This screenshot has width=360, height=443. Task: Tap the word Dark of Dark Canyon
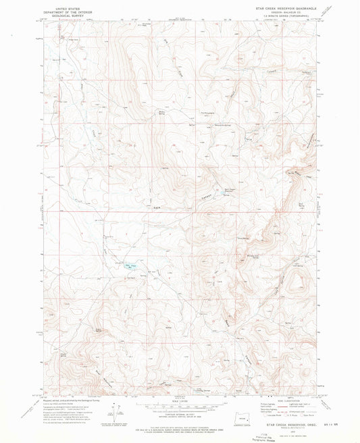pyautogui.click(x=157, y=207)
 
